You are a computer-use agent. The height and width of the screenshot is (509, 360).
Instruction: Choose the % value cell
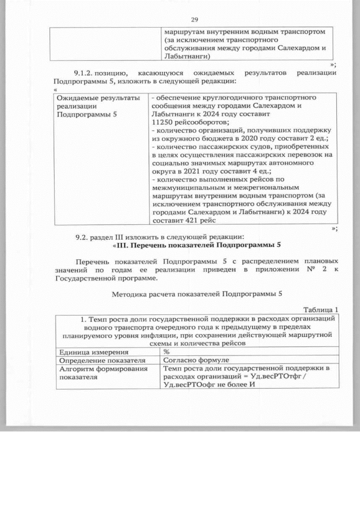166,352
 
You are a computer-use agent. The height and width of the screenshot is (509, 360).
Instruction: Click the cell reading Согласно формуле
193,360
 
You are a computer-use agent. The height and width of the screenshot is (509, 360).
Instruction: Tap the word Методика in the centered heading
130,294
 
